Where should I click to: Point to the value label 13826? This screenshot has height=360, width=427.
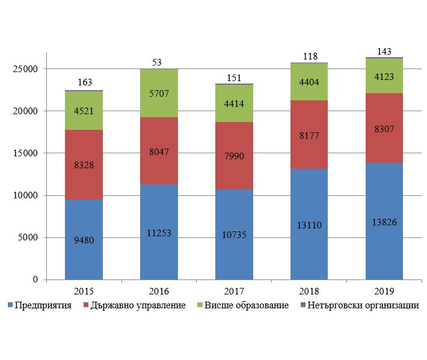(384, 222)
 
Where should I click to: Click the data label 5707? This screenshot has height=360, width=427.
(159, 94)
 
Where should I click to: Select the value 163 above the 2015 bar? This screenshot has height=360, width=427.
(84, 82)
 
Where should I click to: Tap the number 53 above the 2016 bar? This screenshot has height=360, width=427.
(157, 62)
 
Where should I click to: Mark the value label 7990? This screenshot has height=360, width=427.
(234, 157)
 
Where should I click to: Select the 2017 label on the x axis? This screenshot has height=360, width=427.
(234, 291)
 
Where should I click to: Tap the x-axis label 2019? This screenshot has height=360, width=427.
(384, 291)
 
